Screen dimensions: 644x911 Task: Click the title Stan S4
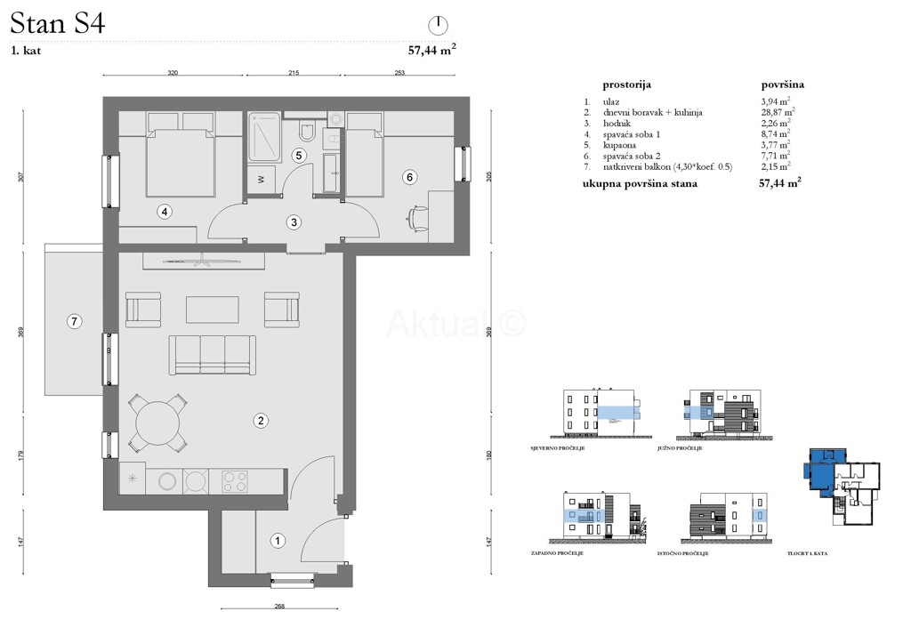[58, 24]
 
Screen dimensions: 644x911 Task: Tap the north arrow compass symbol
[437, 24]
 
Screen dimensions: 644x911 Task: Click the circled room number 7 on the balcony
[75, 320]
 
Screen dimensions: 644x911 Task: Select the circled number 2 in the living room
[262, 420]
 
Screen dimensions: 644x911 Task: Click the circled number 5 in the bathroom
[300, 155]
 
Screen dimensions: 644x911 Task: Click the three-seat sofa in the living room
[212, 354]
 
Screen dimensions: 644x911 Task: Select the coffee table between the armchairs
[212, 310]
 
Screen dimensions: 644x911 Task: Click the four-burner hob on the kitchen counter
[235, 481]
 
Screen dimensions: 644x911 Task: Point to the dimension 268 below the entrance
[279, 607]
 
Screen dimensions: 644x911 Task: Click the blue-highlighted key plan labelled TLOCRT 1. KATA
[841, 486]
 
